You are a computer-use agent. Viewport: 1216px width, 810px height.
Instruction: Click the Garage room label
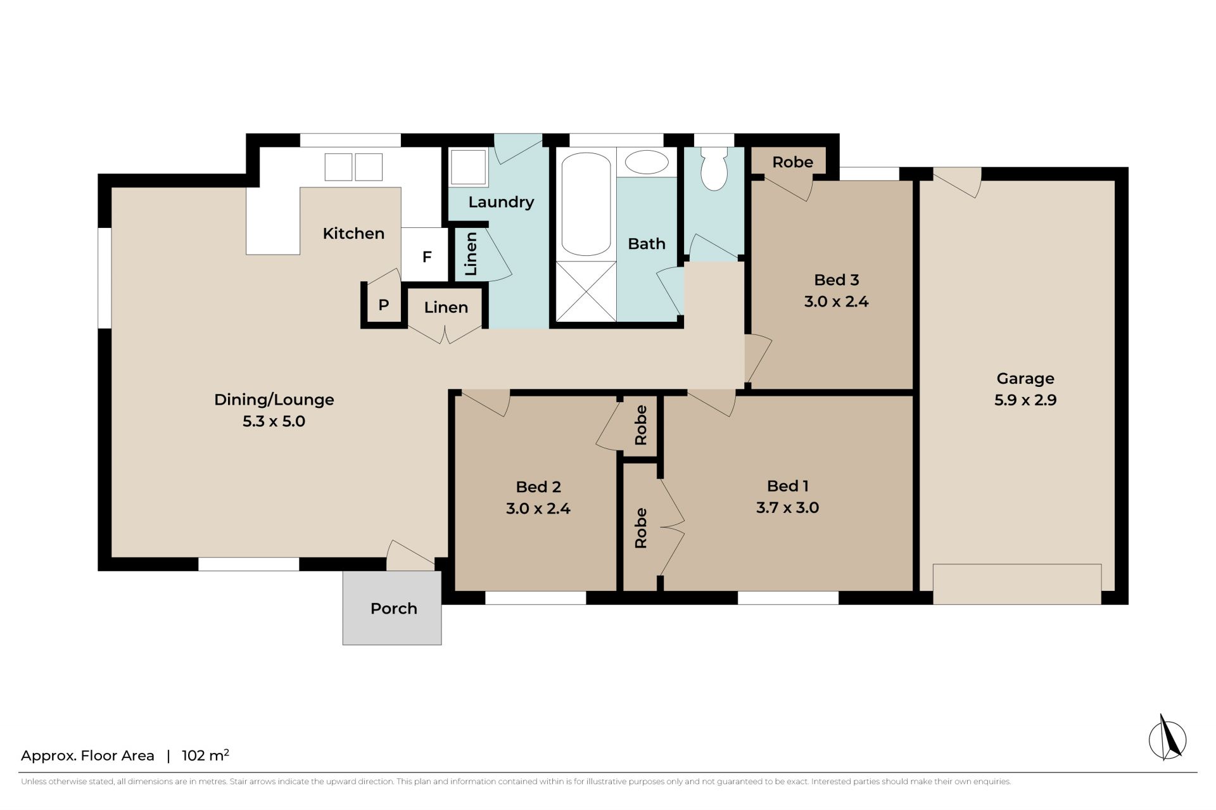click(1025, 379)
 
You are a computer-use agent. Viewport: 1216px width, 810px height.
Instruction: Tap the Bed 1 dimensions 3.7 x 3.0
click(787, 507)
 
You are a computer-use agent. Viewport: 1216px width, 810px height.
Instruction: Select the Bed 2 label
click(538, 486)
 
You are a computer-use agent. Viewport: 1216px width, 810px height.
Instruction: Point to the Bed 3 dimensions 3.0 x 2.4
click(836, 301)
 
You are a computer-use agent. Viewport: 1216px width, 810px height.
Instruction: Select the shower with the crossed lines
click(586, 291)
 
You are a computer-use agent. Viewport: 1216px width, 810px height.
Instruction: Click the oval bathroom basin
click(647, 163)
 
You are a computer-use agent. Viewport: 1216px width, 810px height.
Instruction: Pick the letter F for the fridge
click(427, 257)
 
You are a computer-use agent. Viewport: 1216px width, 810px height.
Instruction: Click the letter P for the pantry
click(383, 305)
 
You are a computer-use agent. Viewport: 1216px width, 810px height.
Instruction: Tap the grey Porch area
click(392, 608)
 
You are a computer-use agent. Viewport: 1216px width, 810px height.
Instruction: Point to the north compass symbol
click(1167, 738)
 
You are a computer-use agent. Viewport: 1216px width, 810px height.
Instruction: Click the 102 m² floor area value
click(205, 755)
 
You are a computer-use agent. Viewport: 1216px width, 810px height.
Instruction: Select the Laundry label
click(501, 202)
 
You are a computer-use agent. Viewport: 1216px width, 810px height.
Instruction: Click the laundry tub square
click(468, 167)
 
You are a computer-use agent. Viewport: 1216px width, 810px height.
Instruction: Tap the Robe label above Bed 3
click(792, 162)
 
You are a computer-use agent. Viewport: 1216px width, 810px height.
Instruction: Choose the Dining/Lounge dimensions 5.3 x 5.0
click(274, 421)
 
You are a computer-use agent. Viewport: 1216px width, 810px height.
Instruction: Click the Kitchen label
click(353, 234)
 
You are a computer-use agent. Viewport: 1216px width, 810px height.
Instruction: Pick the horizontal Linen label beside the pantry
click(446, 308)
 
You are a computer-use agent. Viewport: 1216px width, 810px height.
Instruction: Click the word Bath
click(647, 244)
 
